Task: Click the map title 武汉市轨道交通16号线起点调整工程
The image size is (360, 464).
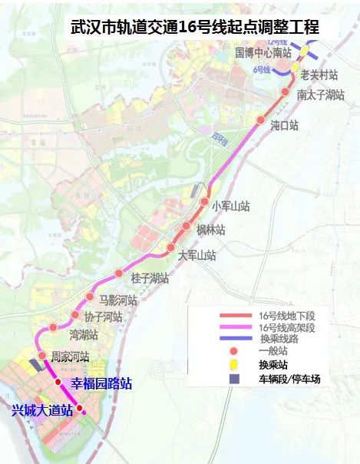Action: click(194, 28)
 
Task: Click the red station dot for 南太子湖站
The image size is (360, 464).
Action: click(286, 93)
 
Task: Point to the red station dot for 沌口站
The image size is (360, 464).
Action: click(260, 121)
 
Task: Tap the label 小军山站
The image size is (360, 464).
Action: click(232, 206)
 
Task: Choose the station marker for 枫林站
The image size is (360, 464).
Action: click(187, 227)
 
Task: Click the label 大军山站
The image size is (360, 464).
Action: click(197, 255)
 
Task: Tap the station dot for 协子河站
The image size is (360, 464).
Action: click(75, 315)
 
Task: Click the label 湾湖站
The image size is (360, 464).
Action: click(84, 335)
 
